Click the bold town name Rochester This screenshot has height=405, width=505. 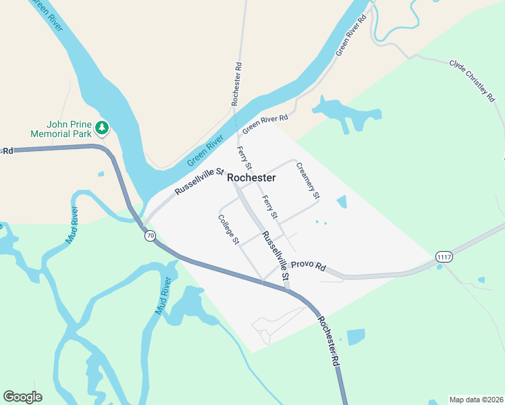click(251, 178)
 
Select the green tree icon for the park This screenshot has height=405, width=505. click(102, 127)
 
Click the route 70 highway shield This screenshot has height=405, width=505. click(150, 236)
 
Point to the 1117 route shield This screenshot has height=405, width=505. click(444, 257)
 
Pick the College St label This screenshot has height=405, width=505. click(229, 229)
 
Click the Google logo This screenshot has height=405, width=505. click(22, 397)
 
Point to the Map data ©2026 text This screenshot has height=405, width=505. click(477, 400)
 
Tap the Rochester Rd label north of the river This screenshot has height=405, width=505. click(236, 84)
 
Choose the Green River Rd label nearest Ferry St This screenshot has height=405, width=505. click(265, 122)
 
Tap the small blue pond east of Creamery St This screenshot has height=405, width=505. click(341, 202)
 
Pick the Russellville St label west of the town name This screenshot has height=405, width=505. click(199, 182)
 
